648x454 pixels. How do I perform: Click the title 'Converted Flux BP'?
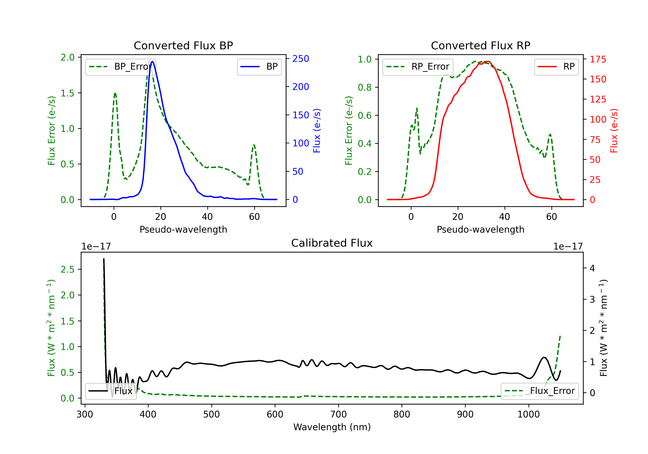[183, 45]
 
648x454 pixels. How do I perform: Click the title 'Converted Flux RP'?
[480, 45]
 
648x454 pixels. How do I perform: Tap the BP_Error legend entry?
[121, 67]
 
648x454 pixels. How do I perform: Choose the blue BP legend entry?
[259, 67]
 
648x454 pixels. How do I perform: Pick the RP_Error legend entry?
[418, 67]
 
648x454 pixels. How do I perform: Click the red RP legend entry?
[556, 67]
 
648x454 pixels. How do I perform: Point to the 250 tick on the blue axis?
[301, 59]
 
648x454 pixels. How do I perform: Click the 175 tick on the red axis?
[598, 59]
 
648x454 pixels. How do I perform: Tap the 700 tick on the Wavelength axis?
[338, 414]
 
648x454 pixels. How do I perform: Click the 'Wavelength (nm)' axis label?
[332, 427]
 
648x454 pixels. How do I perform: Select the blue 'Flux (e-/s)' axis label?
[317, 131]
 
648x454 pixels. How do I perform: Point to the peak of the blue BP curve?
[152, 61]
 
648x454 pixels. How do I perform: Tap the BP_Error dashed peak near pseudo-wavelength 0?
[115, 93]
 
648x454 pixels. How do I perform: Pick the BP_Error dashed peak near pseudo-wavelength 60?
[254, 145]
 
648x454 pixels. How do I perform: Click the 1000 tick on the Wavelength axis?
[528, 414]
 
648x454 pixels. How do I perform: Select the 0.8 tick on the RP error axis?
[365, 88]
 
